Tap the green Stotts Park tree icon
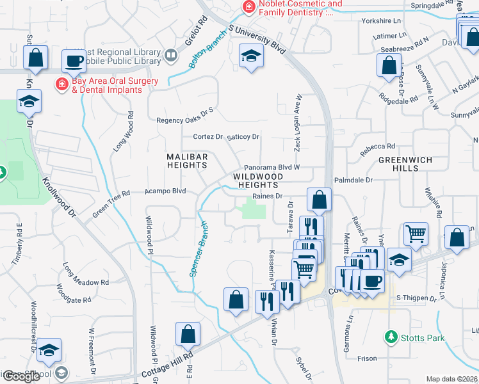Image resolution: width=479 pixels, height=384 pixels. pos(390,336)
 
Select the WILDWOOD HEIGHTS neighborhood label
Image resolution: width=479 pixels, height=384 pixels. pos(257,180)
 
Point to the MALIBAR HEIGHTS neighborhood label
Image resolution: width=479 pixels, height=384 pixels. pos(188,161)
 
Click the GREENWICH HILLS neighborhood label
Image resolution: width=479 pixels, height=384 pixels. pos(405,164)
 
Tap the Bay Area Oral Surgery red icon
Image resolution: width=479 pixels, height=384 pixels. pos(62,84)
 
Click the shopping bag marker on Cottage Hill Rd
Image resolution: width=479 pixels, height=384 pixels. pos(188,333)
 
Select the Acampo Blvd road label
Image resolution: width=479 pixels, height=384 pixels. pos(165,191)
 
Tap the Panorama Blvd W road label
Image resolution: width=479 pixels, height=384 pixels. pos(272,166)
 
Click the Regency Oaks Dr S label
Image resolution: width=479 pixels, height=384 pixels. pos(185,120)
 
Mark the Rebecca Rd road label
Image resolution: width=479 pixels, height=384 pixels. pos(377,147)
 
